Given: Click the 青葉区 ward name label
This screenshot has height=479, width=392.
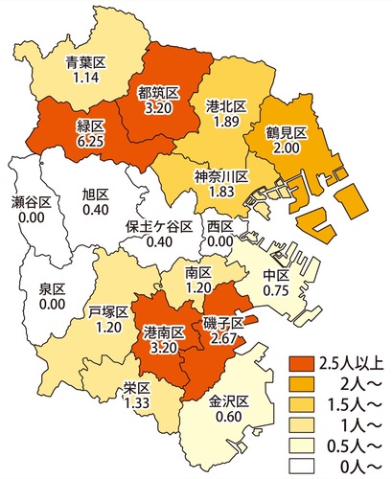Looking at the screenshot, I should (85, 64).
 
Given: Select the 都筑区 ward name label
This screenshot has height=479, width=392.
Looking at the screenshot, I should (158, 93).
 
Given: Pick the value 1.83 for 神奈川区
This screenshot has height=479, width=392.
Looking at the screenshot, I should (222, 191).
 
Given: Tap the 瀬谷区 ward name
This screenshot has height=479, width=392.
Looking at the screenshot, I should (32, 202).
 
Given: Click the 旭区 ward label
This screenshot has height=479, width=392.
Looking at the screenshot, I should (95, 195).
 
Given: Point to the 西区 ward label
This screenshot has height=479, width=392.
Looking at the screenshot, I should (220, 227).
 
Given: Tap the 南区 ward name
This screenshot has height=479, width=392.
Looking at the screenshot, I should (197, 272).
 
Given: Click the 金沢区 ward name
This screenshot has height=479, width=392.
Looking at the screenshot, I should (230, 400).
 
